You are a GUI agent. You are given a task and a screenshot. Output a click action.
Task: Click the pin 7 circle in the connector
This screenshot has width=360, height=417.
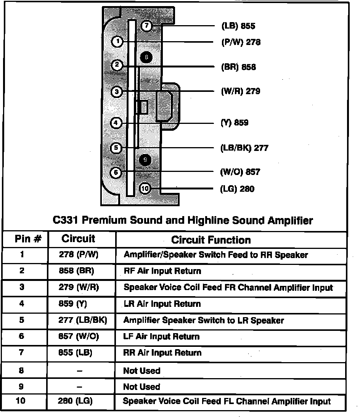click(x=146, y=26)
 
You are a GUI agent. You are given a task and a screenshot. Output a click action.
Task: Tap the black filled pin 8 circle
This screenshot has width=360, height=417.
click(x=146, y=58)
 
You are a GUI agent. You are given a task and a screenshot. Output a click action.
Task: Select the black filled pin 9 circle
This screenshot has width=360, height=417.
click(x=145, y=160)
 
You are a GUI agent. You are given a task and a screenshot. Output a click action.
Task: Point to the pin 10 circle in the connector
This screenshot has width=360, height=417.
click(x=145, y=188)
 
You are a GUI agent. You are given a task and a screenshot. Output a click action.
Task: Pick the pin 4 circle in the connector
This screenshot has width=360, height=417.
click(x=116, y=123)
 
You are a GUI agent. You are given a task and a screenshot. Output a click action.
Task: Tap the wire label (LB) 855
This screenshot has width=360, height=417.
click(x=238, y=26)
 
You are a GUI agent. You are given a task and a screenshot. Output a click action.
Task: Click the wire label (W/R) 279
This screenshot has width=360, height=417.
click(x=240, y=91)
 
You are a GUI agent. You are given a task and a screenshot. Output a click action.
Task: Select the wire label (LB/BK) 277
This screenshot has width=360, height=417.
click(x=244, y=148)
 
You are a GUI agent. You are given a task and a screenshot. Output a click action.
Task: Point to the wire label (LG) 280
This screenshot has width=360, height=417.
click(x=237, y=189)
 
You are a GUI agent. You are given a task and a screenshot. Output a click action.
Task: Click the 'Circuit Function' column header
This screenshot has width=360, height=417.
click(x=211, y=240)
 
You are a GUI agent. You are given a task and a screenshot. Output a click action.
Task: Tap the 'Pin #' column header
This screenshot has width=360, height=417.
click(x=28, y=239)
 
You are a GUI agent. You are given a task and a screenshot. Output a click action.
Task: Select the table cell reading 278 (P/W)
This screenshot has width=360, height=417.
click(x=79, y=255)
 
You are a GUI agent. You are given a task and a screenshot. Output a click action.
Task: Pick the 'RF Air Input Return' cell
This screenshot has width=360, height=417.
click(x=162, y=271)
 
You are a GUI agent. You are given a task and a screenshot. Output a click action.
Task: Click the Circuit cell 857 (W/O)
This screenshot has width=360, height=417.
click(x=79, y=337)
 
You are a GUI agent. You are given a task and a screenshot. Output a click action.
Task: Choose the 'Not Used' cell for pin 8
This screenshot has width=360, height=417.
click(x=141, y=370)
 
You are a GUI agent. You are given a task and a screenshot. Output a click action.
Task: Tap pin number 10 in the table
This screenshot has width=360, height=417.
click(x=21, y=401)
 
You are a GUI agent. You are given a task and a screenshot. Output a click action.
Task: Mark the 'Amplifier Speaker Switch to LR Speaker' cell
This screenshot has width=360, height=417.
click(x=204, y=320)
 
